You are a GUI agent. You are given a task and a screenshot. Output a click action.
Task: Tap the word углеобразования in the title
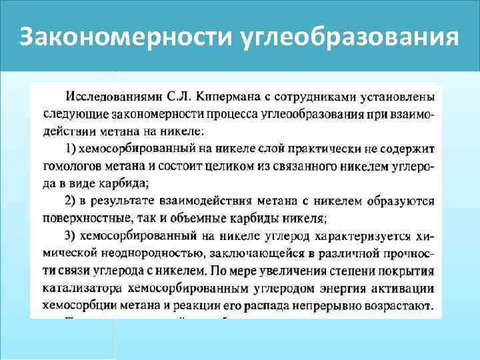347,37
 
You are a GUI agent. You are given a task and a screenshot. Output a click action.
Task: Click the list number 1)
73,148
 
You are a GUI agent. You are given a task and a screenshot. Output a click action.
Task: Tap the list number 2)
73,201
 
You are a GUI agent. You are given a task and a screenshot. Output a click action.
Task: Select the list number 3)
73,235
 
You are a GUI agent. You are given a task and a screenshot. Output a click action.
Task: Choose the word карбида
127,183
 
